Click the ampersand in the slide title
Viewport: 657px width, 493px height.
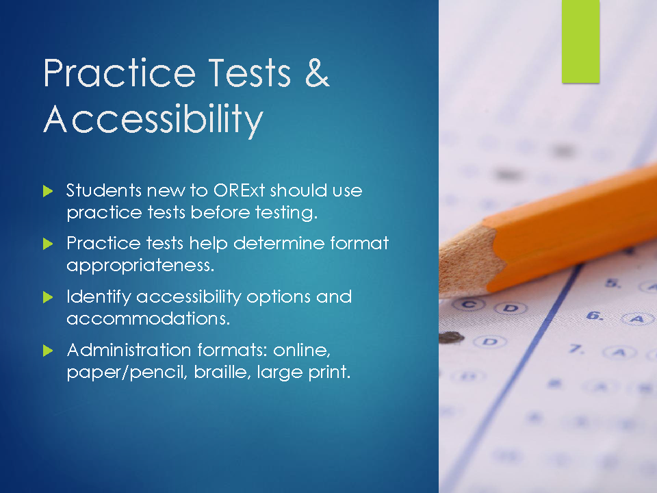point(317,73)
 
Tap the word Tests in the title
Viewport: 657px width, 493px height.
point(250,73)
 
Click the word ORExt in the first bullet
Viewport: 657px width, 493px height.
point(240,190)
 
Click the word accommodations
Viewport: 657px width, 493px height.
point(149,318)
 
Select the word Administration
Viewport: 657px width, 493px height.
point(129,350)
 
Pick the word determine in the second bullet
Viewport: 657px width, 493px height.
point(279,243)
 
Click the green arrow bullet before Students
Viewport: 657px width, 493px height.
point(48,191)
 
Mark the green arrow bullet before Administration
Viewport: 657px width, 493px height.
point(48,351)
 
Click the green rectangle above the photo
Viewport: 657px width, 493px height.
point(581,42)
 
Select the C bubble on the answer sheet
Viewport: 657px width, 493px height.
point(469,304)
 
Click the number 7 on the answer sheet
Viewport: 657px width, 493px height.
point(576,349)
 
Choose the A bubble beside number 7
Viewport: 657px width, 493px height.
point(620,352)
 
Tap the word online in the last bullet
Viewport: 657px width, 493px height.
point(302,350)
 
